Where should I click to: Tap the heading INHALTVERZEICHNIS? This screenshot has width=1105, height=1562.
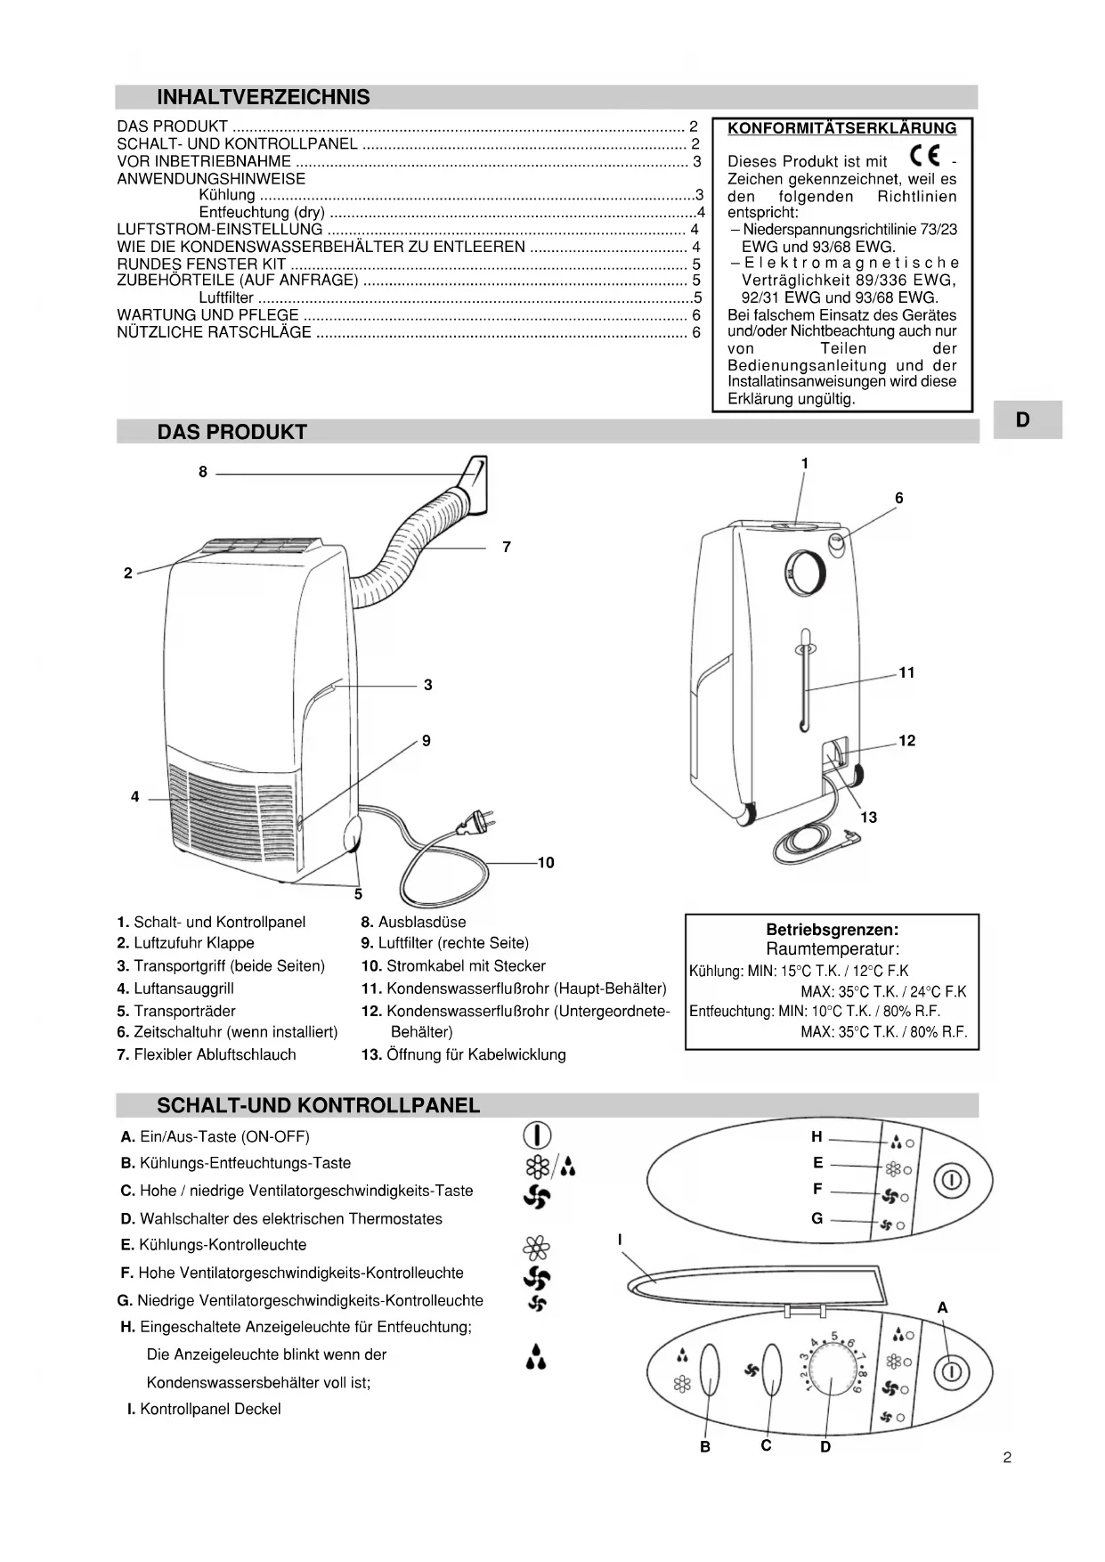(264, 97)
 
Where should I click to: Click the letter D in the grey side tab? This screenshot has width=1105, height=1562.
(1022, 420)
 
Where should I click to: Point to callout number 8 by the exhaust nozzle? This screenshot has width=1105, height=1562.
(203, 472)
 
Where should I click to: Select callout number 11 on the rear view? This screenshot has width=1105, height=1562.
(906, 672)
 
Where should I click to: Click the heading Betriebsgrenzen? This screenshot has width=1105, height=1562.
(832, 930)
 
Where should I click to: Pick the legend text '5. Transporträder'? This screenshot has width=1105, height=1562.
(176, 1011)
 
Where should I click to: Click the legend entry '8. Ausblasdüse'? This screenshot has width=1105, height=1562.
(413, 923)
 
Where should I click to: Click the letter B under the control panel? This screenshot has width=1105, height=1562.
(704, 1446)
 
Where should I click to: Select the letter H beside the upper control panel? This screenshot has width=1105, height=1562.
(817, 1136)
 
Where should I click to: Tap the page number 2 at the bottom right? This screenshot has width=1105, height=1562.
(1007, 1458)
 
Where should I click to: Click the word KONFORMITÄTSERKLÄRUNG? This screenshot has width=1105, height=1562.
(841, 128)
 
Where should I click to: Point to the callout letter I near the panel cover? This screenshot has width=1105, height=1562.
(620, 1240)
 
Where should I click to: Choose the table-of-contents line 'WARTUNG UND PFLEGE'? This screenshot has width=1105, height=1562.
(208, 315)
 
